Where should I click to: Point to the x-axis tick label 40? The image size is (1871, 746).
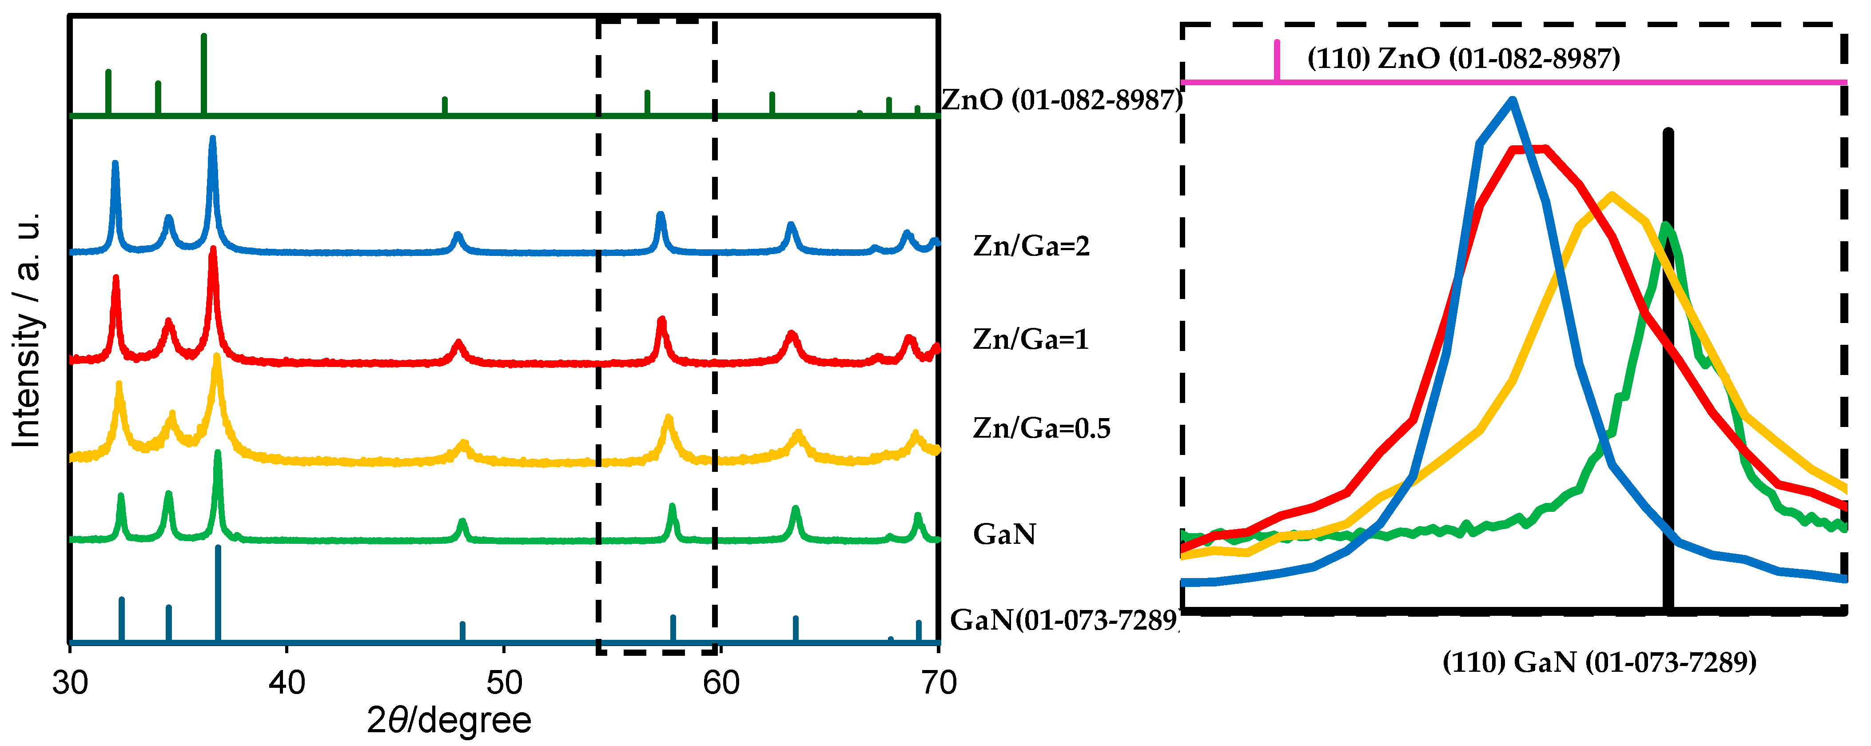(287, 683)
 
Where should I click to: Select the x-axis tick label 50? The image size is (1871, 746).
(504, 683)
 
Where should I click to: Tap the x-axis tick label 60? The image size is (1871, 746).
(721, 683)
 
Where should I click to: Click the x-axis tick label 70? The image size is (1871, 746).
(939, 683)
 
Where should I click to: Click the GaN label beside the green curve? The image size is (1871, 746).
(1004, 535)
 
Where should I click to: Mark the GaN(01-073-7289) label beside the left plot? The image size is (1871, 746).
(1064, 620)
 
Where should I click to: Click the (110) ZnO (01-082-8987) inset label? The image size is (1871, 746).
(1464, 58)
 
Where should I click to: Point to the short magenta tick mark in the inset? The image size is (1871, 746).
(1277, 60)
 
